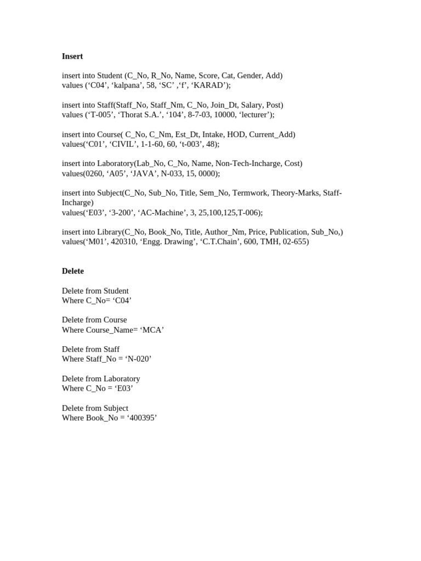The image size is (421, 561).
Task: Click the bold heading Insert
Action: pyautogui.click(x=72, y=56)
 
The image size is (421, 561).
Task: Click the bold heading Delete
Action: pyautogui.click(x=73, y=271)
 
